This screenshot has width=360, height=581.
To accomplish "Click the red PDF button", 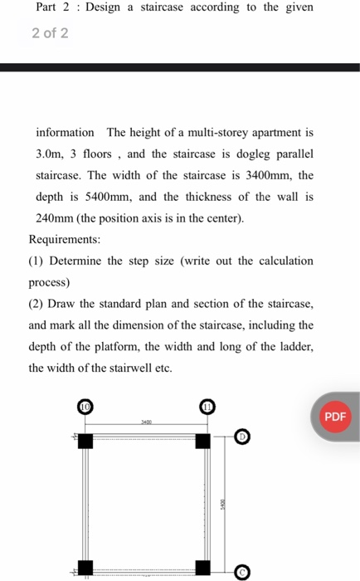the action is [334, 416].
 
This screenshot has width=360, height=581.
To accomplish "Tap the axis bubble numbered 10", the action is [85, 407].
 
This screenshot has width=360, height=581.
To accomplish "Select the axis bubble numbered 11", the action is [207, 406].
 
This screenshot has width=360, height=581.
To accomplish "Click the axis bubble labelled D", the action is [241, 436].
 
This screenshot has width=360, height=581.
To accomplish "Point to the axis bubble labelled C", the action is [241, 572].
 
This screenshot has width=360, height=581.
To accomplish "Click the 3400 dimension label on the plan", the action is [145, 422].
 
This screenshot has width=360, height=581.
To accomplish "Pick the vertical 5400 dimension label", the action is [222, 504].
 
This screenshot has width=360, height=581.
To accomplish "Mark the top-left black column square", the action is [85, 441].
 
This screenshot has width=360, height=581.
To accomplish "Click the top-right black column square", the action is [203, 441].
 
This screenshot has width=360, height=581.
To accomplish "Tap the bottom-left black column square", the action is [85, 568].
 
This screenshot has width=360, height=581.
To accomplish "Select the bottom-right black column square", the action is [203, 568].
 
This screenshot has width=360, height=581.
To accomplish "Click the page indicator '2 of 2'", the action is [50, 34].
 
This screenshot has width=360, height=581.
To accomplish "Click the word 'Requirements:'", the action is [65, 239].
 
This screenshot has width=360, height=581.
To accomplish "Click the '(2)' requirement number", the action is [36, 304].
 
